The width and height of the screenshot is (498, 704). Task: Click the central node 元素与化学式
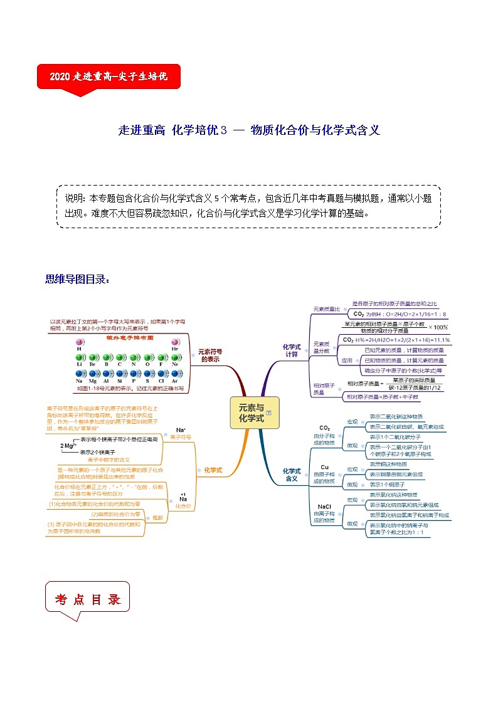tap(251, 412)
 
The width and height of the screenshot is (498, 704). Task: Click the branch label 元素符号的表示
tap(211, 355)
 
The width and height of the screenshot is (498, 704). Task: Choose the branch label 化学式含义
tap(292, 474)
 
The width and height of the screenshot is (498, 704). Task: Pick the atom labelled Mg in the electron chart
tap(93, 374)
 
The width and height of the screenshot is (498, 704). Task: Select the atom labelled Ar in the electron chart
tap(174, 374)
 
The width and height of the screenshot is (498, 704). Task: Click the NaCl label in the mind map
tap(324, 507)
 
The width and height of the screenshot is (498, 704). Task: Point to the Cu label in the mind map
tap(324, 467)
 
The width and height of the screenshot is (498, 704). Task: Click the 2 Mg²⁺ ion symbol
tap(68, 446)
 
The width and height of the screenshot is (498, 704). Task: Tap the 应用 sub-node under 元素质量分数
tap(347, 360)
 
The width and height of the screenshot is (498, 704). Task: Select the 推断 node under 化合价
tap(157, 517)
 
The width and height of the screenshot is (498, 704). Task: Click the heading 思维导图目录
tap(77, 280)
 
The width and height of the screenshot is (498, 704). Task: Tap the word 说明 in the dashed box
tap(75, 198)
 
